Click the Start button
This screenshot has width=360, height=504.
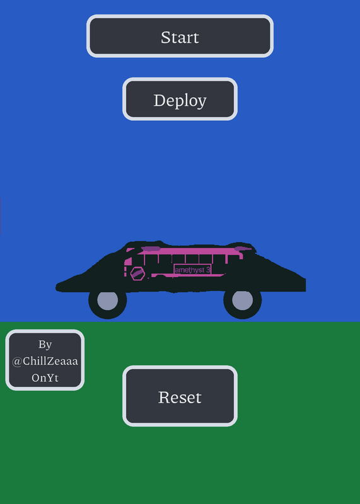[x=180, y=36]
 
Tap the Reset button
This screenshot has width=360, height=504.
[x=180, y=396]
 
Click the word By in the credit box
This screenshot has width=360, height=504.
[x=45, y=345]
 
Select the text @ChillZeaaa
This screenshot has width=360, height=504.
[x=45, y=361]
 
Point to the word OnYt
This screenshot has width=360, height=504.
[x=45, y=377]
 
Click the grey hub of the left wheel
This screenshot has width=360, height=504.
[x=107, y=301]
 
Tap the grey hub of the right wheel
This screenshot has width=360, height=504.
[x=242, y=301]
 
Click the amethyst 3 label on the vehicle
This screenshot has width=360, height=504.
[x=192, y=270]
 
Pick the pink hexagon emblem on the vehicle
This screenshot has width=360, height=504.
[x=137, y=273]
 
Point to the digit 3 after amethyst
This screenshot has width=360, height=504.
[x=208, y=270]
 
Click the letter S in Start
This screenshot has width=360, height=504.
[x=165, y=37]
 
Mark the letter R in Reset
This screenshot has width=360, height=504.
[x=164, y=398]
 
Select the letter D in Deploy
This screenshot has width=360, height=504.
[x=160, y=100]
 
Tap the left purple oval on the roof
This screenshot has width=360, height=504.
[x=151, y=249]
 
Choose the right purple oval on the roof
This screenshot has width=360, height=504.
[x=243, y=249]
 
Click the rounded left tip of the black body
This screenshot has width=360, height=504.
[x=58, y=287]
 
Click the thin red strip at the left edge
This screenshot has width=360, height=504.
[x=1, y=216]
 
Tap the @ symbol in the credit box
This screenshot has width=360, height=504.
[x=17, y=362]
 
